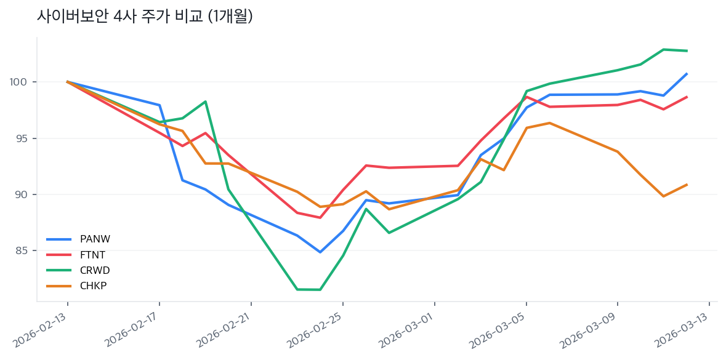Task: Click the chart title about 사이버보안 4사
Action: [x=145, y=17]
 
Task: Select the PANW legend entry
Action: [x=95, y=239]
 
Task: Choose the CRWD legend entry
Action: [x=95, y=270]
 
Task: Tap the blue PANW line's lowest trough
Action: [x=320, y=252]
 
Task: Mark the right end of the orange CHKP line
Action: [x=687, y=185]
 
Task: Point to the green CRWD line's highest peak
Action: [x=663, y=49]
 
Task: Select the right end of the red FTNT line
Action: [x=687, y=97]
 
